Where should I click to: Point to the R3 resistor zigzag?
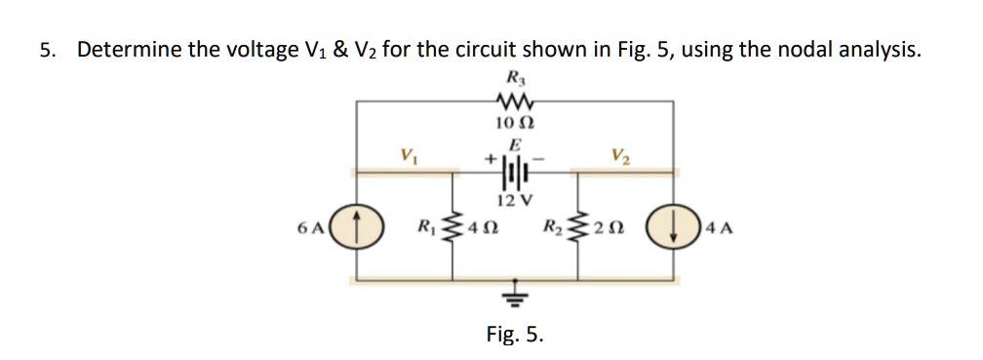(x=512, y=99)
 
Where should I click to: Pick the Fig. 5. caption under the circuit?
(x=515, y=335)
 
